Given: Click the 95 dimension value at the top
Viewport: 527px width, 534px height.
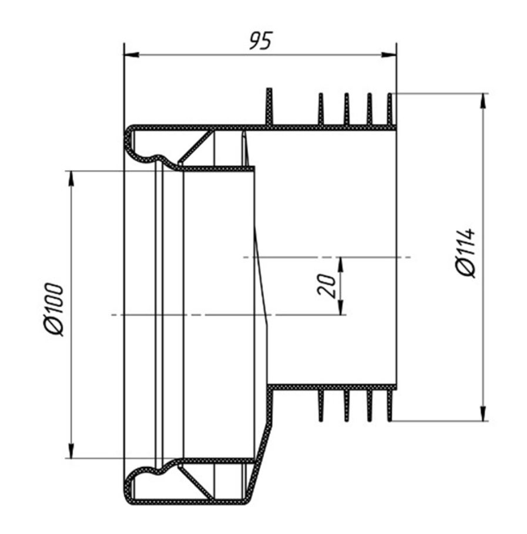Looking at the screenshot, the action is click(x=261, y=40).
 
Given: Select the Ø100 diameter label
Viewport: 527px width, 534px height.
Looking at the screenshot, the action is click(x=54, y=309).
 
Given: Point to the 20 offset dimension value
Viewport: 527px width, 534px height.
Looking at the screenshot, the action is click(x=326, y=285).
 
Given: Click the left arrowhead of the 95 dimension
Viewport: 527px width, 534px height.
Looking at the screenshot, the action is click(x=132, y=55).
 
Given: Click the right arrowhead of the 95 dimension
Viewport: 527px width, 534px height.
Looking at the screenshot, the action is click(x=389, y=55).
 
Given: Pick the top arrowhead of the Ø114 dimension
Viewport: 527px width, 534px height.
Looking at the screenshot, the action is click(x=483, y=101).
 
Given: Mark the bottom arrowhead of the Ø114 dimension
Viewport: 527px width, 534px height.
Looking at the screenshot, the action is click(x=483, y=413).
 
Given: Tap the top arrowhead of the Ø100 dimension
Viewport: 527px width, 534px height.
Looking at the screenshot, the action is click(x=71, y=178).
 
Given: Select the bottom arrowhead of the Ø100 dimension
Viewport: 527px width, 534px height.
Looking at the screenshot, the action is click(x=71, y=451).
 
